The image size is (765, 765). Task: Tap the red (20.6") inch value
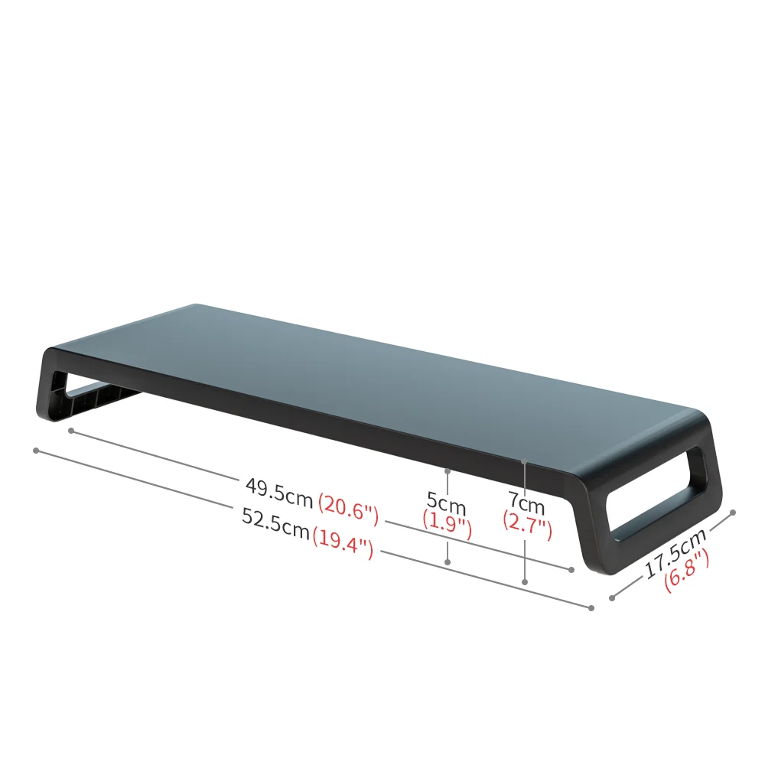click(349, 509)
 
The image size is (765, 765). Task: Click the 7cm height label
click(527, 505)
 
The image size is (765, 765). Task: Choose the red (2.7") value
click(527, 526)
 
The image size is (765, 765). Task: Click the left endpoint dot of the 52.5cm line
click(35, 450)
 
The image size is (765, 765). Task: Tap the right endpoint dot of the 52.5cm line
click(591, 608)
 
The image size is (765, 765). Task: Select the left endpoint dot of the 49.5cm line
click(70, 431)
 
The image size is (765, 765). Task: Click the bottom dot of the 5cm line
click(448, 562)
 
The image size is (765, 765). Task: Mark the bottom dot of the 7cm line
click(525, 582)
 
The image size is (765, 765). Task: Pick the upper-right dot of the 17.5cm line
click(732, 513)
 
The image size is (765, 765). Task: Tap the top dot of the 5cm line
click(448, 469)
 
